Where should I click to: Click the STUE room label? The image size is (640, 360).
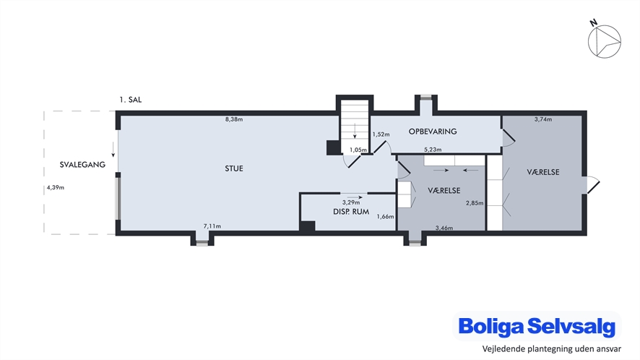coord(234,168)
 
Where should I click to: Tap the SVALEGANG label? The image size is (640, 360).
coord(82,165)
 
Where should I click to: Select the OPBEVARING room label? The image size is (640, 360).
coord(433,132)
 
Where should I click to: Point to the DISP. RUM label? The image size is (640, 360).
coord(351,212)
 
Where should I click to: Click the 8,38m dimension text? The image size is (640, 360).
coord(234,119)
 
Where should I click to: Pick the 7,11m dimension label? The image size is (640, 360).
coord(212,226)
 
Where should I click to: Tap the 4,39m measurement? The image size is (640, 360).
coord(56,187)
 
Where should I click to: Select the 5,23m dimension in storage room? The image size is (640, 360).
coord(433,150)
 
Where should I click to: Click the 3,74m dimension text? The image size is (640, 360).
coord(543,119)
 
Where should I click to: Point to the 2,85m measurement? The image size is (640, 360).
coord(475,202)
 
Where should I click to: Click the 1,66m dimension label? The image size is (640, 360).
coord(385,217)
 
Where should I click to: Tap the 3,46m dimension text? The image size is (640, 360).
coord(444,228)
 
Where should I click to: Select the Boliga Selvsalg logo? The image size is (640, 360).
coord(537,327)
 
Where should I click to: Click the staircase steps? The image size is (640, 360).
coord(355,127)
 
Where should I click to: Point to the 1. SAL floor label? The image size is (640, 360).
coord(131,100)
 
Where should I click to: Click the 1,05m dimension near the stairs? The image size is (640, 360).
coord(358,150)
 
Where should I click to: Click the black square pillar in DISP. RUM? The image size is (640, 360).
coord(307,226)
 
